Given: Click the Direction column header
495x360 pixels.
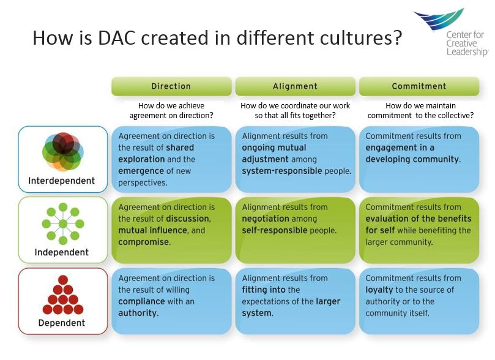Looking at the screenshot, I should point(171,86).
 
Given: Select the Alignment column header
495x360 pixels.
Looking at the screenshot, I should point(295,86).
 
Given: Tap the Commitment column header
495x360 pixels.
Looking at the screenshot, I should point(419,86).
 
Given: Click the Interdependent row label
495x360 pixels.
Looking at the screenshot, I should point(62,181).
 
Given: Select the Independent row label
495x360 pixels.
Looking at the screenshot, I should point(62,252).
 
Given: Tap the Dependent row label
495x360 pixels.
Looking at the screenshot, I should point(62,323).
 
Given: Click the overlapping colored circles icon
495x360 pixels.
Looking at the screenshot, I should point(62,151).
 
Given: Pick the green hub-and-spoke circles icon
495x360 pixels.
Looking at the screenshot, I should point(62,223).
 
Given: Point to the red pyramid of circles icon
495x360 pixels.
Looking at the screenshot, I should point(62,296).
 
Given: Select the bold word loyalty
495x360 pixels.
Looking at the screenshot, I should point(379,290).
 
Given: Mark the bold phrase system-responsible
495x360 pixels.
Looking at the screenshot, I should point(281,171).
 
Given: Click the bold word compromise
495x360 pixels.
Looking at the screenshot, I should point(144,242).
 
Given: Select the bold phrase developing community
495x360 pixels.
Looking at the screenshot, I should point(412,159).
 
